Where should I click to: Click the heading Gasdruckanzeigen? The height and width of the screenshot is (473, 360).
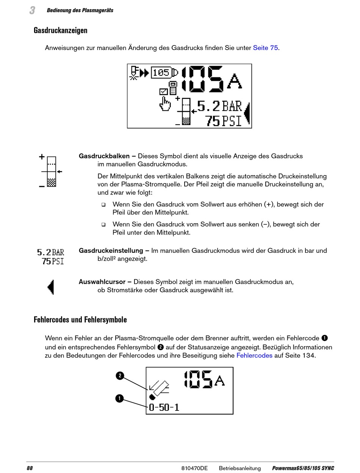pos(61,30)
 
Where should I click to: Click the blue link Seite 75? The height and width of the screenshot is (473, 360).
pos(266,48)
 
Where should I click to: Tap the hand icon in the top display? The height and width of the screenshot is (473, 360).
pos(166,104)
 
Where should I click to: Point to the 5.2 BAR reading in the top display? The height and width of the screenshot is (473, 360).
pos(219,106)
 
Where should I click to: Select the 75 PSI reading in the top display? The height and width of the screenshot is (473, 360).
pos(224,121)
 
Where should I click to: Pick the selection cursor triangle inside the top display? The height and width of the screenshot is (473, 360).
pos(247,113)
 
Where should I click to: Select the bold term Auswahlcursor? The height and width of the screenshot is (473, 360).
pos(102,282)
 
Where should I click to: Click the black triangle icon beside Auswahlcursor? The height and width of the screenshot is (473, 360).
pos(51,287)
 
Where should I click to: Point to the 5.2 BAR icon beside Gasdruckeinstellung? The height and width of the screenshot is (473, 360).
pos(50,252)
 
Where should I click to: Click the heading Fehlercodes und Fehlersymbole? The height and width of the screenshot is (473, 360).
pos(80,320)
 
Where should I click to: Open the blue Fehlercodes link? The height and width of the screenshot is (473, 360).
pos(254,356)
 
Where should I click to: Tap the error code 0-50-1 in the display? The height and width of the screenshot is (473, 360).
pos(164,407)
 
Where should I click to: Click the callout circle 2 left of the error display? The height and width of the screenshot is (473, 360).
pos(120,376)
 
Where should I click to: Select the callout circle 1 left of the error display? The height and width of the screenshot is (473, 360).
pos(120,398)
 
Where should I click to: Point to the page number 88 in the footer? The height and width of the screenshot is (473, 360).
pos(30,468)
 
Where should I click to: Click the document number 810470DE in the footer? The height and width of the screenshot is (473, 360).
pos(194,468)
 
